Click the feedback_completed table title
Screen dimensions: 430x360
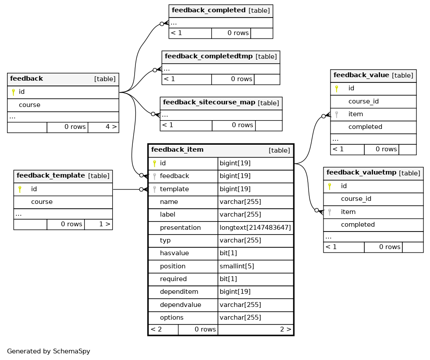[208, 10]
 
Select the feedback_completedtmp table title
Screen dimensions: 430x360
[208, 56]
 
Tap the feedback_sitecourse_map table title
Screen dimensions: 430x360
[209, 102]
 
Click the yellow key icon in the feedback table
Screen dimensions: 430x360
[13, 92]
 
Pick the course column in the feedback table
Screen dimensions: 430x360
[30, 105]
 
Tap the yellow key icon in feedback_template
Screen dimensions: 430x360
[20, 189]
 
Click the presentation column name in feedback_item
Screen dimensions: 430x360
[180, 228]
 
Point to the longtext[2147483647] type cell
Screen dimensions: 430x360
[255, 228]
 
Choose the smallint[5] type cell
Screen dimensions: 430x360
[237, 266]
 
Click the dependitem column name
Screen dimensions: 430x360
[179, 292]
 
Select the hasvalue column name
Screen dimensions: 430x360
[174, 253]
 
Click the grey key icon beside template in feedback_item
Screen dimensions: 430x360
[154, 189]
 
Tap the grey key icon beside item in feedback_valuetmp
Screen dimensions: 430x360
[330, 212]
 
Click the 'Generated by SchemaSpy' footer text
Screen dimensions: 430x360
[49, 351]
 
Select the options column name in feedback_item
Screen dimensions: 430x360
[172, 317]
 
